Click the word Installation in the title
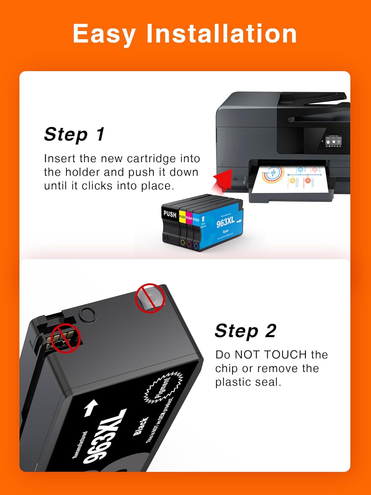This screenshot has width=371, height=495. (x=221, y=34)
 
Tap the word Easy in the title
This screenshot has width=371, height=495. (x=104, y=34)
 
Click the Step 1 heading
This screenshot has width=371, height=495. (x=75, y=134)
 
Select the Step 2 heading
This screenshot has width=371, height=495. (x=245, y=331)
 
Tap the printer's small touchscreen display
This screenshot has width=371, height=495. (x=333, y=141)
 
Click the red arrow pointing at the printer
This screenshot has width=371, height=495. (x=222, y=181)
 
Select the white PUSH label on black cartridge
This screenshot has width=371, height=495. (x=170, y=214)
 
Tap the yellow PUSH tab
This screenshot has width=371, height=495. (x=182, y=217)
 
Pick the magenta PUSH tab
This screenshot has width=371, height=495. (x=189, y=218)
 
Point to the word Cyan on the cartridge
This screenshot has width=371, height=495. (x=226, y=231)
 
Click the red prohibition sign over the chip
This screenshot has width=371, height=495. (x=66, y=338)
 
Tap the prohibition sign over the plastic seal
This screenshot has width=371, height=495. (x=150, y=298)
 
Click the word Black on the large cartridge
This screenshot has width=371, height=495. (x=141, y=426)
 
